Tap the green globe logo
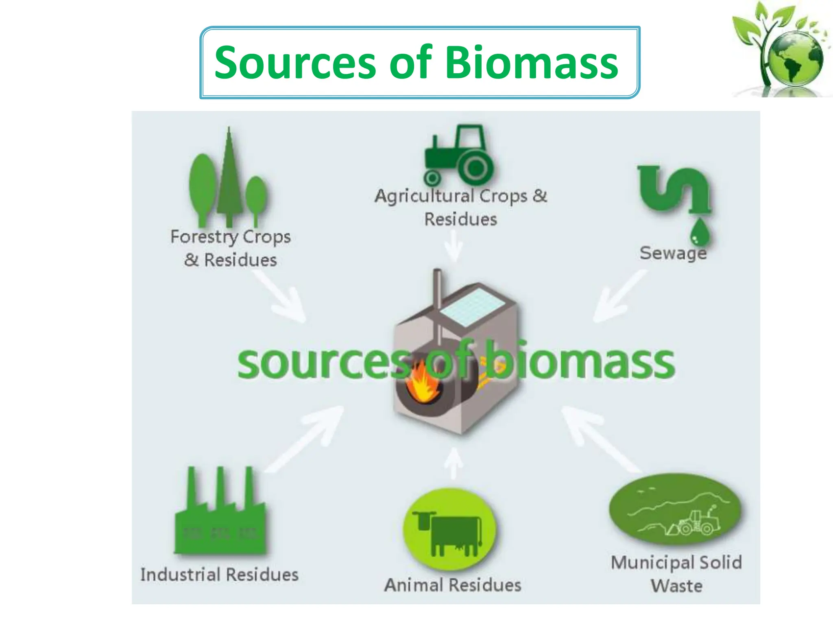[x=794, y=59]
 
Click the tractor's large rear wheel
[x=475, y=167]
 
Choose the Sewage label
[x=673, y=253]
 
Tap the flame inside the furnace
[x=423, y=385]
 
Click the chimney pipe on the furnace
[x=437, y=293]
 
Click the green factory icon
[x=220, y=517]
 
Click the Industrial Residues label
[x=219, y=575]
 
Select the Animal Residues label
[x=453, y=585]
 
